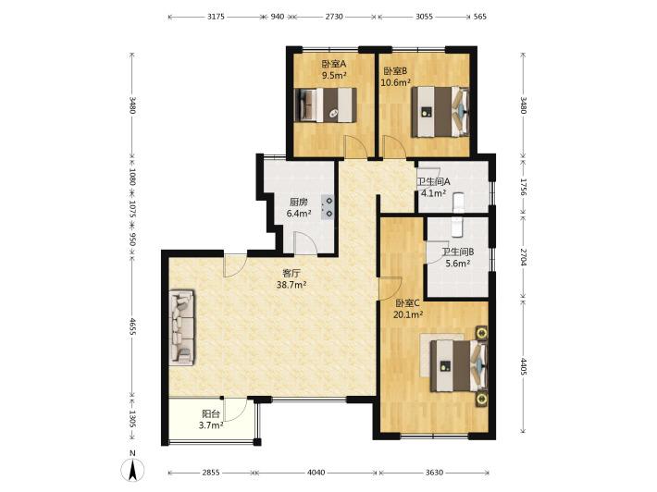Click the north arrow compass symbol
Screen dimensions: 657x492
(x=132, y=470)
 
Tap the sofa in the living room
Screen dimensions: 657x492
(x=182, y=327)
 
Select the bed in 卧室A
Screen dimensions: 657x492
(x=326, y=105)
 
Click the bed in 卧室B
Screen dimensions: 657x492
(x=440, y=112)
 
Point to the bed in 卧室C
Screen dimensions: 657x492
(x=459, y=365)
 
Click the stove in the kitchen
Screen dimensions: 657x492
(x=328, y=207)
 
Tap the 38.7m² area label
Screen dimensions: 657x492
(x=291, y=285)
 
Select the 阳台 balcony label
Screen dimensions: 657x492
(x=211, y=414)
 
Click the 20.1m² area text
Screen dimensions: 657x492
(x=408, y=314)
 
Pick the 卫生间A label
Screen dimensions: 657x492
(x=433, y=182)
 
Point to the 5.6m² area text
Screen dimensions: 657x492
(x=457, y=264)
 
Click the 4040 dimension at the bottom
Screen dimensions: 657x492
(x=316, y=473)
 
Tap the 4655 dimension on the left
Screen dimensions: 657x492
(x=132, y=326)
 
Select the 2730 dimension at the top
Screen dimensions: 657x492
(x=334, y=17)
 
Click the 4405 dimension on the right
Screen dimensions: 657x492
(x=524, y=366)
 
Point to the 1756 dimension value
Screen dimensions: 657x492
(x=524, y=187)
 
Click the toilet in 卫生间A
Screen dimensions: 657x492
(x=459, y=201)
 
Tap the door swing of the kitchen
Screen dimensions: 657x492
(x=304, y=243)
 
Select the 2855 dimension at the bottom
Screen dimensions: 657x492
(x=211, y=473)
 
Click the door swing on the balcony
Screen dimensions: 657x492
(x=235, y=410)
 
